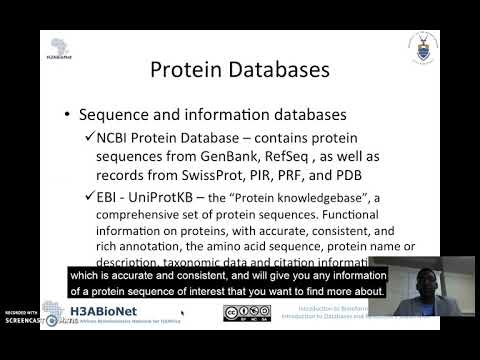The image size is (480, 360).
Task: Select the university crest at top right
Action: pyautogui.click(x=423, y=46)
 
